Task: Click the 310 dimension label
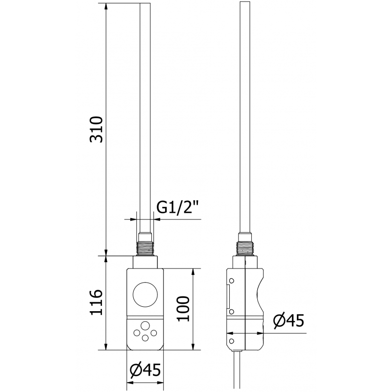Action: [97, 130]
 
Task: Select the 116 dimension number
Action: [97, 303]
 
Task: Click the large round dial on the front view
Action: [145, 294]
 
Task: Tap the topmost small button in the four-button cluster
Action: [146, 325]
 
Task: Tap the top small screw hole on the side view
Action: [231, 280]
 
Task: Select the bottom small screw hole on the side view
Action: [231, 338]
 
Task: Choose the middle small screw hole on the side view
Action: [231, 311]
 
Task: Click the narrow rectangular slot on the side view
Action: [228, 295]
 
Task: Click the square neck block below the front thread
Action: [145, 262]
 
